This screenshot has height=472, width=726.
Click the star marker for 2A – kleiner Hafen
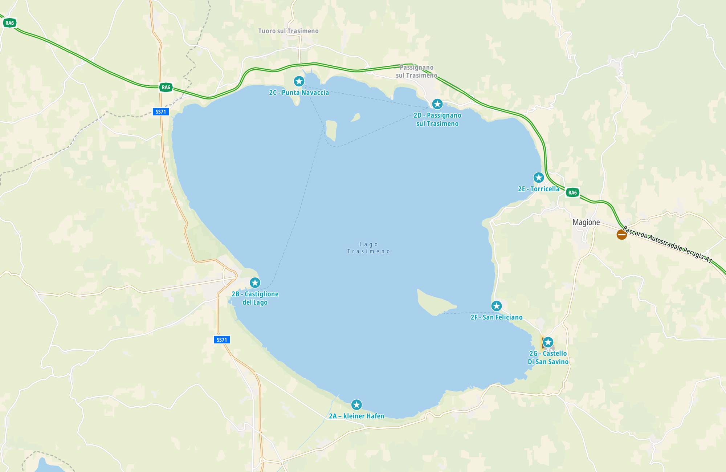click(356, 404)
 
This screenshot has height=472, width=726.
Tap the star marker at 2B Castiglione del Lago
click(255, 282)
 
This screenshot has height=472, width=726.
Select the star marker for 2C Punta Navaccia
click(299, 81)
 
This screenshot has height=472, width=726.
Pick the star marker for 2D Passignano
click(437, 104)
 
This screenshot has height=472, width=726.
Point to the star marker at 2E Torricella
click(538, 178)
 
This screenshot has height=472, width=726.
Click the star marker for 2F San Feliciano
click(496, 306)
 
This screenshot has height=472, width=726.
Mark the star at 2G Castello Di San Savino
click(548, 342)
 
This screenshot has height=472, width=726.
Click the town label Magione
click(586, 222)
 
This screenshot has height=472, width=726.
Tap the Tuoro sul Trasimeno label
click(288, 31)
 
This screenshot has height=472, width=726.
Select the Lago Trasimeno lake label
click(368, 248)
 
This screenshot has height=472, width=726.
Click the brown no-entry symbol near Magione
click(621, 235)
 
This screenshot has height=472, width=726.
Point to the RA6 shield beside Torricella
click(572, 192)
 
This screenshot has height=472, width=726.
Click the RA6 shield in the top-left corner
click(9, 23)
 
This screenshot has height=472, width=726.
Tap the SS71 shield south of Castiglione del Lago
click(221, 340)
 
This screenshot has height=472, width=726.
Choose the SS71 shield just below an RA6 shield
click(160, 111)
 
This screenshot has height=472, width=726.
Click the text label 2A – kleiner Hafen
click(356, 416)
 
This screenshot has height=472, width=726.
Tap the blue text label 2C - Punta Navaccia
click(299, 93)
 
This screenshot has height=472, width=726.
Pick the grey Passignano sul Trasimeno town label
click(416, 72)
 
